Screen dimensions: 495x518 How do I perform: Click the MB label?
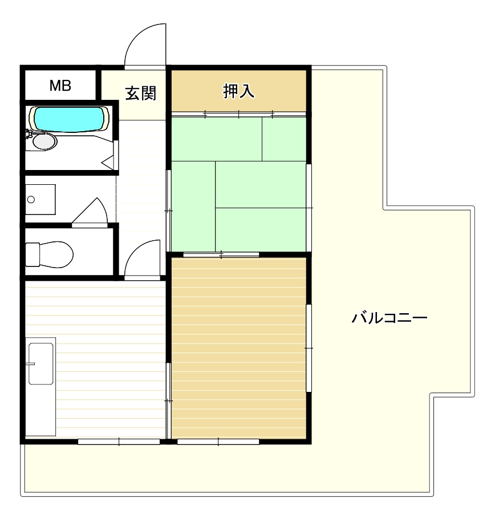pos(60,86)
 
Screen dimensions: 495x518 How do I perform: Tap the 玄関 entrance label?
pos(141,94)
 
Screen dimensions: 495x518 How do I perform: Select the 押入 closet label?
pos(239,91)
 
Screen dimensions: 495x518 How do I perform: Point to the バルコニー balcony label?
pos(389,318)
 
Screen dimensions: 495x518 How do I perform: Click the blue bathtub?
pos(70,119)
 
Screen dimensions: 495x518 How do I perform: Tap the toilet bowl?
pos(50,254)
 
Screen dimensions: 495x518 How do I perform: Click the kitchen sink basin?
pos(40,364)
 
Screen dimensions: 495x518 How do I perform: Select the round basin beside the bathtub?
pos(44,141)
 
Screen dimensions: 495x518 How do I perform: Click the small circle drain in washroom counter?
pos(31,199)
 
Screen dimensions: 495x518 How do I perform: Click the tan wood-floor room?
pos(238,348)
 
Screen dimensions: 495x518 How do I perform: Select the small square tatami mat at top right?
pos(284,139)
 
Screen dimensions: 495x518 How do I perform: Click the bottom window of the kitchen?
pos(119,442)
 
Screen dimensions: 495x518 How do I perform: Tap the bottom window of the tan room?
pos(218,442)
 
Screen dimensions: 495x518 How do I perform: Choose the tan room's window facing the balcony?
pos(309,348)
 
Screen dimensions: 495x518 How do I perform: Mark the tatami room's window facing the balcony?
pos(309,208)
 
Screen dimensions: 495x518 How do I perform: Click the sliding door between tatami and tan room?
pos(221,254)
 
